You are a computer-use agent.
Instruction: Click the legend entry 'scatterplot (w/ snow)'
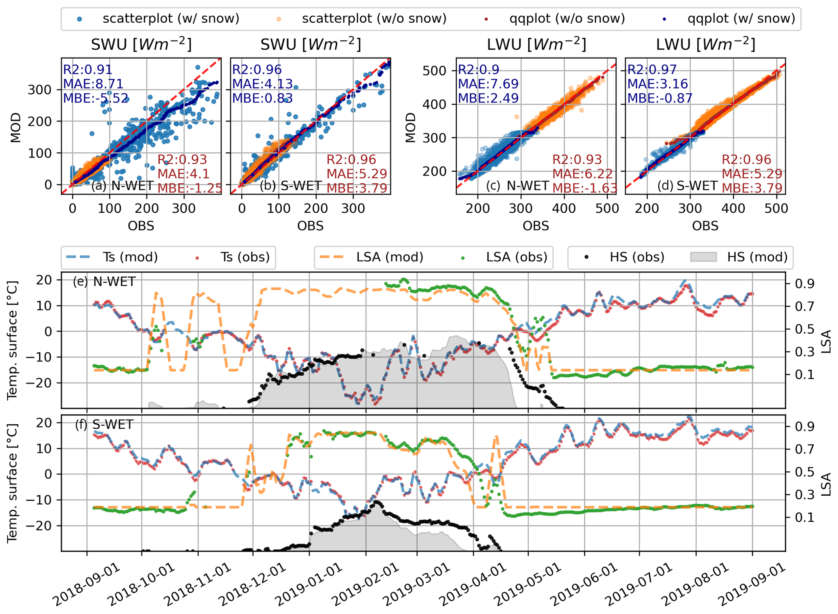click(x=170, y=19)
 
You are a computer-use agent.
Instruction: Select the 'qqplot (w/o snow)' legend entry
click(x=567, y=19)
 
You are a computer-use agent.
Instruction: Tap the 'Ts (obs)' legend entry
click(x=245, y=257)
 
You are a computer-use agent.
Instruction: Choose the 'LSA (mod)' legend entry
click(x=390, y=257)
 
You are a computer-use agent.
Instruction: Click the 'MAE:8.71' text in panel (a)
click(x=93, y=84)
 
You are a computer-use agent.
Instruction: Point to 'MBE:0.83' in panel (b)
click(x=262, y=98)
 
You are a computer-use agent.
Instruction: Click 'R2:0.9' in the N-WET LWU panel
click(x=478, y=70)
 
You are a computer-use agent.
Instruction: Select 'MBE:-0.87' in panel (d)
click(x=660, y=98)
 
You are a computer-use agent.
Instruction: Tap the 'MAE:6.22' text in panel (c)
click(x=577, y=174)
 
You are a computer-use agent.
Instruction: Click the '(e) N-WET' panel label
click(x=104, y=281)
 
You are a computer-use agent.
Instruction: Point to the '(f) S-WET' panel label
click(x=104, y=424)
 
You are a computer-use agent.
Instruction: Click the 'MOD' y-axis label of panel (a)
click(x=15, y=128)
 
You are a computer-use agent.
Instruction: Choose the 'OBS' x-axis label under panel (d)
click(x=705, y=226)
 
